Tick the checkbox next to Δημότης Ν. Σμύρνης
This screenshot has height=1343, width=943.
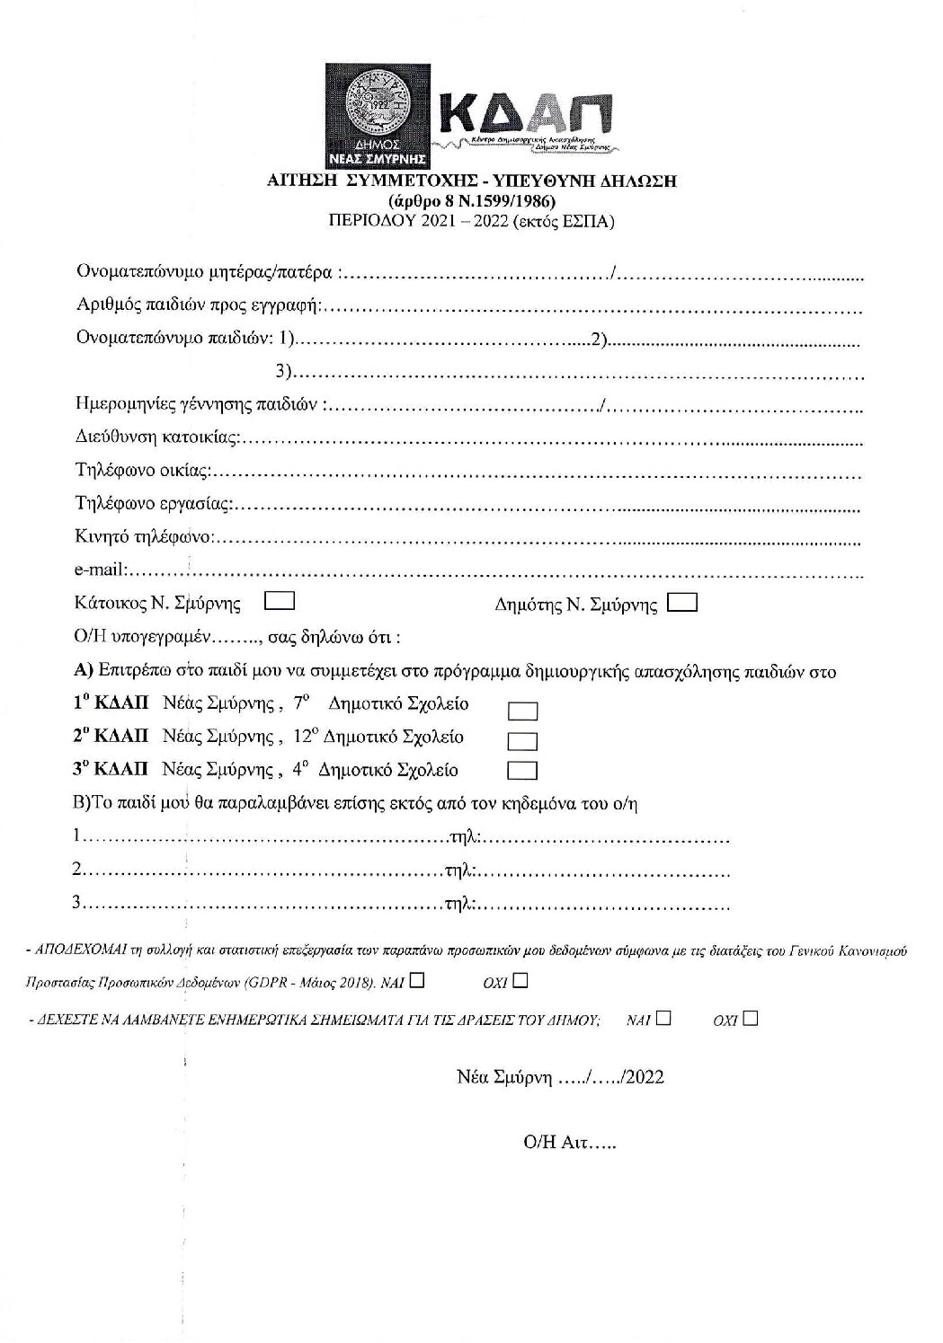point(683,603)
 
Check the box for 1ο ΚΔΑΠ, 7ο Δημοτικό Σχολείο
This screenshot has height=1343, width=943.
point(522,711)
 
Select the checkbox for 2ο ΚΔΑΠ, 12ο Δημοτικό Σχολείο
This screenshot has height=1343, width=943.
point(522,742)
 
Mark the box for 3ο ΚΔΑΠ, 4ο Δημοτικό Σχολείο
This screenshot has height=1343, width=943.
point(522,771)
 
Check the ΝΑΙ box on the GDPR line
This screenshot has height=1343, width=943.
point(416,981)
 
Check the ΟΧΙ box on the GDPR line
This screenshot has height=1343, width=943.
point(521,981)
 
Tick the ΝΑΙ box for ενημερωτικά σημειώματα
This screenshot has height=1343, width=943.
point(663,1019)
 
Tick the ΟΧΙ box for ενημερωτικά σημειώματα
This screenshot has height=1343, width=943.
point(751,1019)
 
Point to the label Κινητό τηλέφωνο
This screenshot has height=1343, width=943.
point(143,538)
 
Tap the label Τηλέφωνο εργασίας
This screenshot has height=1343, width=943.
point(153,505)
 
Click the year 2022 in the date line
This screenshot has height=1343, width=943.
point(645,1077)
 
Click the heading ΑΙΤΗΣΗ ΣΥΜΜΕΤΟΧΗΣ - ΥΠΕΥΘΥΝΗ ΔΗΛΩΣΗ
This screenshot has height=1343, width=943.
point(472,181)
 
